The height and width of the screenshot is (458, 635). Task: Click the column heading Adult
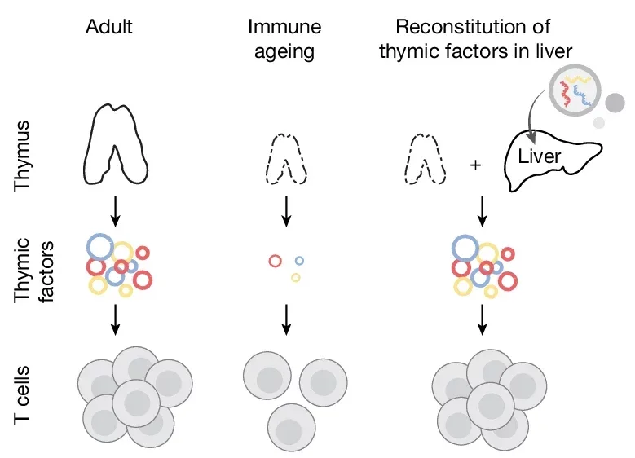coord(109,27)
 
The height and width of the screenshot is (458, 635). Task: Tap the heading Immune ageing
coord(284,38)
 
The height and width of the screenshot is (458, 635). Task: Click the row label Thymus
coord(24,155)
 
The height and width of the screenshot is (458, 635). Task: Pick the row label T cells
coord(24,394)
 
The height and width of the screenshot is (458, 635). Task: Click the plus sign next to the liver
coord(476,165)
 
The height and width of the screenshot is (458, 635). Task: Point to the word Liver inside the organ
coord(540,156)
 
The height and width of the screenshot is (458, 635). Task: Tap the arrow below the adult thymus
coord(116,210)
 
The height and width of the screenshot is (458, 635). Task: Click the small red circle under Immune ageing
coord(276,261)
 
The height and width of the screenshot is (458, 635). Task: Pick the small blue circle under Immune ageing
coord(299,261)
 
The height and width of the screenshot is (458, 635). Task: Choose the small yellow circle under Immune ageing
coord(296,278)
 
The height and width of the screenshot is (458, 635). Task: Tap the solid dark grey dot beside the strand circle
coord(615,101)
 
